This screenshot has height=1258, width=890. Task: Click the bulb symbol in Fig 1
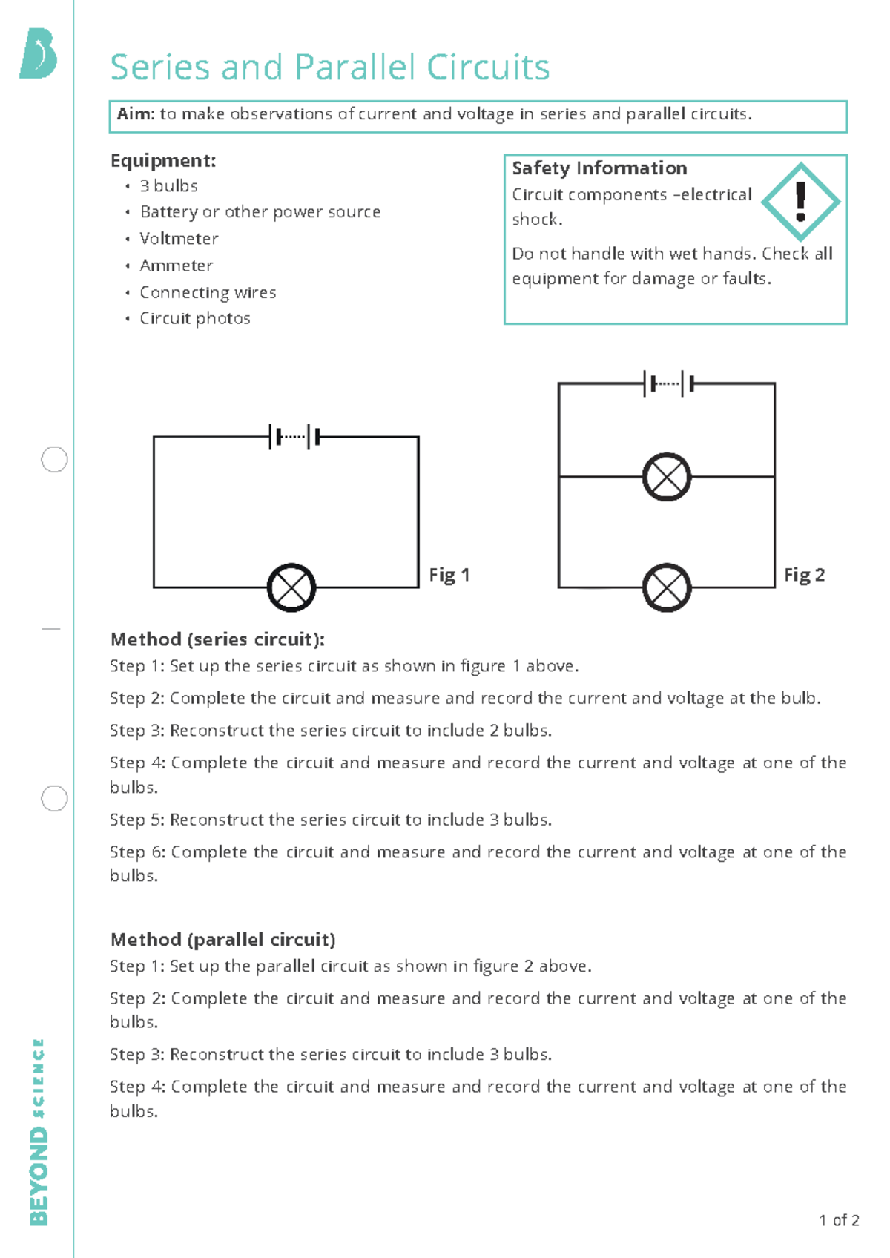click(x=291, y=587)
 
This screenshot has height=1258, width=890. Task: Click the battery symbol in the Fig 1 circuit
click(x=294, y=437)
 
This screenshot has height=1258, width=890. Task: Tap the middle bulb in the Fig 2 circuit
click(x=667, y=477)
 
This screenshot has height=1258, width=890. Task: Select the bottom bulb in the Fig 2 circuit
click(x=667, y=587)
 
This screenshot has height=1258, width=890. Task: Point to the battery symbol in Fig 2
click(x=669, y=383)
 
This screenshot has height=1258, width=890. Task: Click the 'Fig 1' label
click(x=449, y=575)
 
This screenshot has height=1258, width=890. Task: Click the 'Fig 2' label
click(x=804, y=575)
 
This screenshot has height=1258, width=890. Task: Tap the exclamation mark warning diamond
click(x=800, y=202)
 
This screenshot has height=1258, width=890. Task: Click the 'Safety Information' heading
click(x=599, y=168)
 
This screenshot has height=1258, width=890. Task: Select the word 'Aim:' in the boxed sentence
click(x=136, y=114)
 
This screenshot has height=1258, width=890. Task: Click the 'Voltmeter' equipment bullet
click(x=179, y=239)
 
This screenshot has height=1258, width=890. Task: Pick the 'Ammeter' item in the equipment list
click(x=176, y=266)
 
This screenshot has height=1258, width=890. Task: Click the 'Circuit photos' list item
click(x=194, y=318)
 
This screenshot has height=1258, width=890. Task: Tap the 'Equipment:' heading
click(x=163, y=161)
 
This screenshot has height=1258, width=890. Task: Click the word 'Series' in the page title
click(x=160, y=67)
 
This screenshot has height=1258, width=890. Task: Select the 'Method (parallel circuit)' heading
click(x=222, y=940)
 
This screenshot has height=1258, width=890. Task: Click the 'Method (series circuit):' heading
click(x=217, y=639)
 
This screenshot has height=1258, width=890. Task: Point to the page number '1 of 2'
click(x=839, y=1220)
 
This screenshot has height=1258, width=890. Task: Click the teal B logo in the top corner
click(x=39, y=53)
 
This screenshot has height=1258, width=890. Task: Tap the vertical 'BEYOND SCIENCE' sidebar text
click(x=39, y=1131)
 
